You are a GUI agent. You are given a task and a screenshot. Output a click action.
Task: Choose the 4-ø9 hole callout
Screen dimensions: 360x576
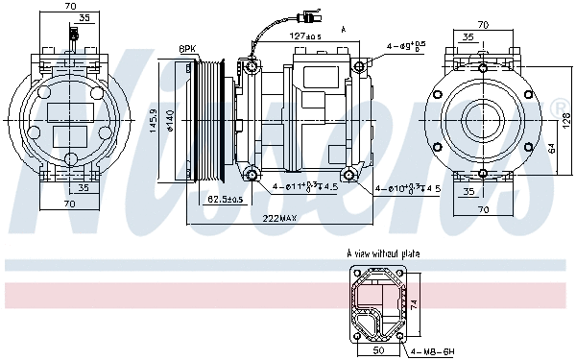pos(407,45)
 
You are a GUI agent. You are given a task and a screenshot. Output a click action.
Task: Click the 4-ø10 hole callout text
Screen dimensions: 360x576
pos(407,188)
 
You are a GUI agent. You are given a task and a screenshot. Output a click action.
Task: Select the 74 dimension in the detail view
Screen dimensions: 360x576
pos(414,302)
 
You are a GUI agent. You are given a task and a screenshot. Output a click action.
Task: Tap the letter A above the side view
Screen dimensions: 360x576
pos(343,31)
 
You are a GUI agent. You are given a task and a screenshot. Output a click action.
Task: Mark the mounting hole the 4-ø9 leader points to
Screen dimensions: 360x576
pos(359,65)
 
